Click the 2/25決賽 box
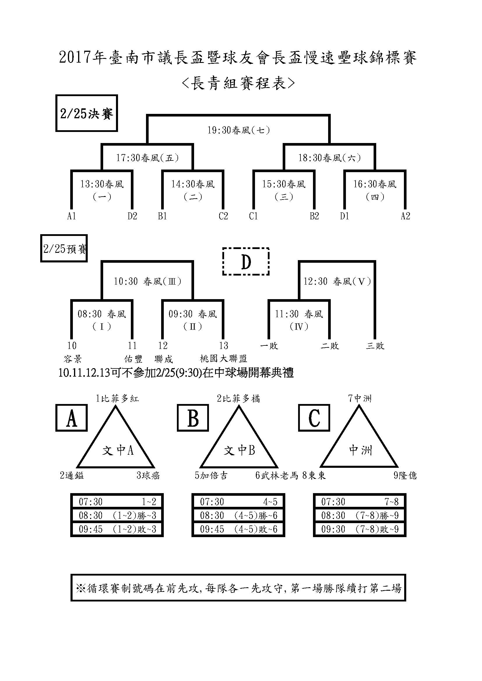point(87,113)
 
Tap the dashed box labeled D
point(246,262)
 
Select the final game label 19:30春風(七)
point(239,130)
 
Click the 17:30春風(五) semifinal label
point(147,158)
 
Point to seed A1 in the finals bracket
point(71,216)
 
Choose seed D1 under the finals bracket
point(344,216)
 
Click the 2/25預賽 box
point(64,248)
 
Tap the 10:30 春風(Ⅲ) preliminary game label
point(147,281)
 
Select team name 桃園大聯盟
point(224,359)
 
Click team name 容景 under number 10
point(73,359)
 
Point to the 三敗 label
point(375,346)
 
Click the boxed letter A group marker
point(71,418)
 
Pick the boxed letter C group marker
point(314,418)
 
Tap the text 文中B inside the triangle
point(239,451)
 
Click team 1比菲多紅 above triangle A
point(117,398)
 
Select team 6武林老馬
point(277,475)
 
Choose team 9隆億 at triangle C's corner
point(405,475)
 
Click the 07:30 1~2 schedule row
point(117,502)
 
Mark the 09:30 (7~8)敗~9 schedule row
point(360,529)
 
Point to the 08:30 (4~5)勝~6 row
point(238,516)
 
